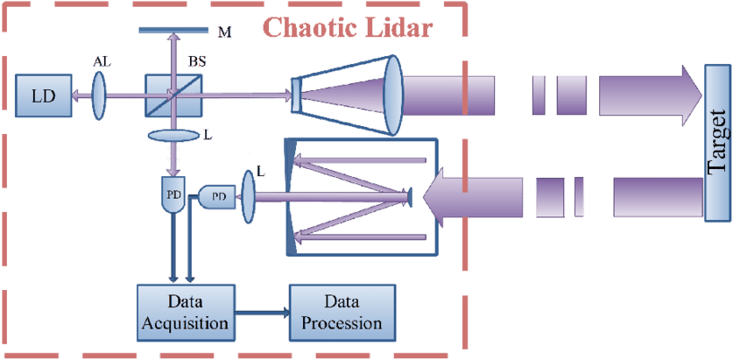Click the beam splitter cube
pyautogui.click(x=173, y=94)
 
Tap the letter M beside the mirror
pyautogui.click(x=224, y=32)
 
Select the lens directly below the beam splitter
pyautogui.click(x=173, y=136)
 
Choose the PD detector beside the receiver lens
pyautogui.click(x=219, y=197)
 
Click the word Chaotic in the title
pyautogui.click(x=308, y=28)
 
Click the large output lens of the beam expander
pyautogui.click(x=390, y=95)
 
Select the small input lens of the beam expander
pyautogui.click(x=298, y=95)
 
